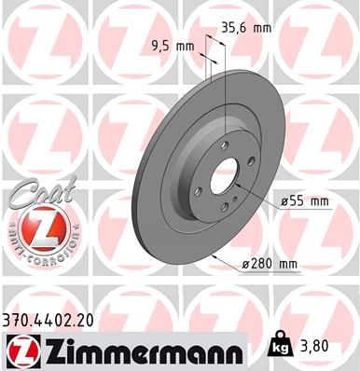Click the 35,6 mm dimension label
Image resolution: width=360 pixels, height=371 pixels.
point(244,28)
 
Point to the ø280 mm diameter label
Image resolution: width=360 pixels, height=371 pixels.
point(270,265)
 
